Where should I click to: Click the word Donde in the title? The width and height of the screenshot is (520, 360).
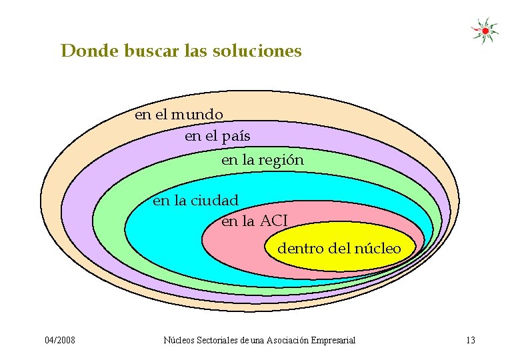[x=89, y=51]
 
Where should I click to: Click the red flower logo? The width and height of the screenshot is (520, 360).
[x=485, y=30]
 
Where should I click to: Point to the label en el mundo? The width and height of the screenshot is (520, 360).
[x=179, y=115]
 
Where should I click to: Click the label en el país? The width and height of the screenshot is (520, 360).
[x=217, y=137]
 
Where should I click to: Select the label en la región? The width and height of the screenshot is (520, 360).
[x=262, y=161]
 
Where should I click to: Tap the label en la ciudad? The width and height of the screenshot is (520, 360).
[x=195, y=200]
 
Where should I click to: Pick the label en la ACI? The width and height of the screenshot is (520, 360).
[x=255, y=221]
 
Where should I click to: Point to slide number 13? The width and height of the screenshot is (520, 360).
[x=471, y=341]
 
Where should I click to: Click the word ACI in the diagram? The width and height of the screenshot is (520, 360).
[x=273, y=221]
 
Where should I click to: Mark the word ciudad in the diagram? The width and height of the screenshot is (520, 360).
[x=215, y=200]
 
